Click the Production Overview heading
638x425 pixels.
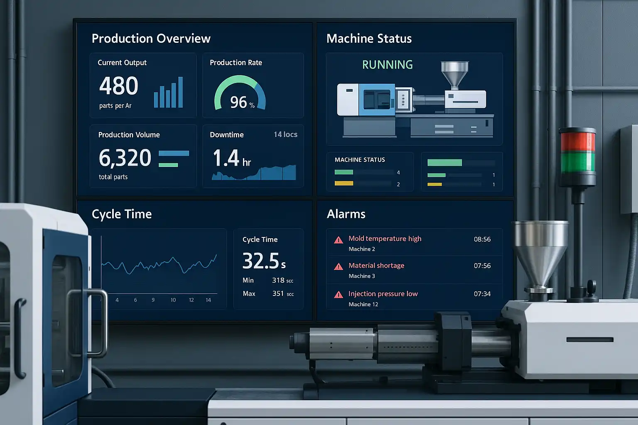pos(151,39)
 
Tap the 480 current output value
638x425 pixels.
pos(119,86)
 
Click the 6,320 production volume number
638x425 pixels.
pos(125,158)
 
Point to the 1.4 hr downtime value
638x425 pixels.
pos(231,159)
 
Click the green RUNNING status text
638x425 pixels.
pos(387,65)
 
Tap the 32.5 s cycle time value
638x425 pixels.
pos(264,261)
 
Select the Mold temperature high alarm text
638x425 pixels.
pos(385,239)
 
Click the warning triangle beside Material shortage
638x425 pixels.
pos(339,266)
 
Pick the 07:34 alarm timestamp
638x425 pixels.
pos(482,294)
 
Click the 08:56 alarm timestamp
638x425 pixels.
pos(482,239)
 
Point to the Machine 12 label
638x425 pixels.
pos(363,304)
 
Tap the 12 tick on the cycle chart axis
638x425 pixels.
pos(191,300)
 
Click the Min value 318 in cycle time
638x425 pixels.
pos(278,280)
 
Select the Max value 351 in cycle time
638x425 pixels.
pos(278,293)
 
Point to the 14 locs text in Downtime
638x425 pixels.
pos(285,134)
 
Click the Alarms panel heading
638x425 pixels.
pos(346,214)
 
